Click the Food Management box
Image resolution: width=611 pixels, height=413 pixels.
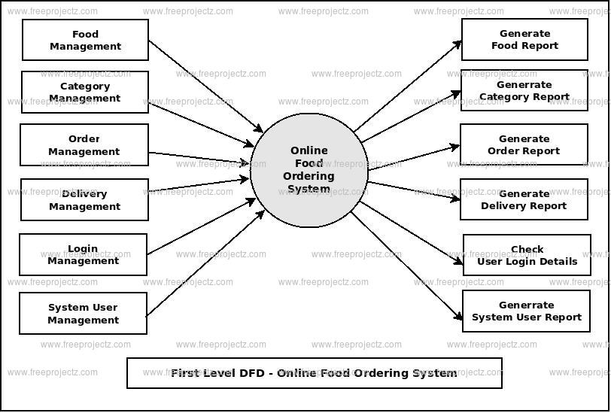(85, 40)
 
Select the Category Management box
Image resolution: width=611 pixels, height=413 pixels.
(85, 92)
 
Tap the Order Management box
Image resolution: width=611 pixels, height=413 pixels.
(84, 145)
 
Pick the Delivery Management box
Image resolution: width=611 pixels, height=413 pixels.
(84, 200)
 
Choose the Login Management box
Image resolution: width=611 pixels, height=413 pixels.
(84, 255)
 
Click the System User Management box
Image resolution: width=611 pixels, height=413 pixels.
(84, 314)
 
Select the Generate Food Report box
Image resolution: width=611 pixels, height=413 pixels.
(525, 39)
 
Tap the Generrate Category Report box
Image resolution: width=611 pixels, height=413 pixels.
(524, 90)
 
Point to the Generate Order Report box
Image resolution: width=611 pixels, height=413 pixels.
(524, 144)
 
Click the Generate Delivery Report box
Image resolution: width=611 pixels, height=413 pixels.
(524, 199)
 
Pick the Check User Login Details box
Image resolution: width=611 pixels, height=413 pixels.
(527, 255)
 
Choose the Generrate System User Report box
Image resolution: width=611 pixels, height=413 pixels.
(527, 311)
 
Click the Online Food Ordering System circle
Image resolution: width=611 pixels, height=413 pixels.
(309, 170)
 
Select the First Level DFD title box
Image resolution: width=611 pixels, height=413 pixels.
(315, 373)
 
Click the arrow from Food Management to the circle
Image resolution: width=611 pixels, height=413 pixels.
(205, 86)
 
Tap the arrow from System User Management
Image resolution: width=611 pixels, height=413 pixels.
(205, 263)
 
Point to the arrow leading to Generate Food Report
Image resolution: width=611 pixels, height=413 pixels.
(408, 86)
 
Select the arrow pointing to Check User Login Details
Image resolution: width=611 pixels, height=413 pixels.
(412, 233)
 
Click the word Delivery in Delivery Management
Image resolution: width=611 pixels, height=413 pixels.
(84, 193)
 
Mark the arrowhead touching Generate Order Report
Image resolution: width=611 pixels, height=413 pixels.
(455, 147)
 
